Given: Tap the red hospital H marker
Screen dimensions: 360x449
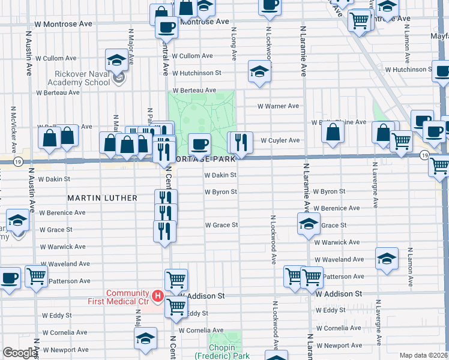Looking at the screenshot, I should [x=157, y=296].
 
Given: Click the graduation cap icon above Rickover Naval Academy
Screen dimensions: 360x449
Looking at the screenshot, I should [x=116, y=60].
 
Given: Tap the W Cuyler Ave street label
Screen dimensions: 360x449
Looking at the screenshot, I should [x=279, y=140].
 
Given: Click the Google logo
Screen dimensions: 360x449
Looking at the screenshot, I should [x=20, y=353].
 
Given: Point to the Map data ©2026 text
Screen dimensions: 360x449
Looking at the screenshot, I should [x=423, y=355].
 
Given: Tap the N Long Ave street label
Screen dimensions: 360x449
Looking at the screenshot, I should [x=233, y=38].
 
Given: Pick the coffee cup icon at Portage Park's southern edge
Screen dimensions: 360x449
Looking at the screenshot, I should [x=199, y=144].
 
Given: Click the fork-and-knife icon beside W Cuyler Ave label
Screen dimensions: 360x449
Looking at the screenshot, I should [x=241, y=143].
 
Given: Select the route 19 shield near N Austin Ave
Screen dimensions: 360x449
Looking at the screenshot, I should [x=19, y=161].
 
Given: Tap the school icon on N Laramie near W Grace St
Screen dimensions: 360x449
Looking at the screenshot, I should [x=309, y=224].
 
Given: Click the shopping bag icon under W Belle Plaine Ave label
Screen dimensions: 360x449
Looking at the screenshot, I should [x=333, y=133].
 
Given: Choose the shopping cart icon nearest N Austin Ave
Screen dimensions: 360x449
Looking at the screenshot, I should [x=36, y=277].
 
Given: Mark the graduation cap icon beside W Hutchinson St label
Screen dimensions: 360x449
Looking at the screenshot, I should [x=259, y=72].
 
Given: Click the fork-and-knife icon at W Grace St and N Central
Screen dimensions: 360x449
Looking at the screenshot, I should [x=164, y=231].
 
